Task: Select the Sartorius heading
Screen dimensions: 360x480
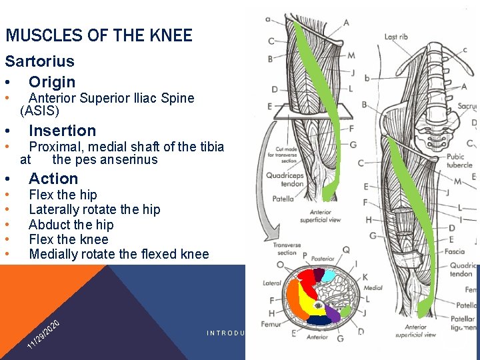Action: pos(39,61)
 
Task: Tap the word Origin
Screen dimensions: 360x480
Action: pos(52,82)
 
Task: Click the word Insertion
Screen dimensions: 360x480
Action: pos(62,131)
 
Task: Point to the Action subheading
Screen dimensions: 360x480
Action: pos(53,179)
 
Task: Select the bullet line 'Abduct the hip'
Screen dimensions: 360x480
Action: pos(71,225)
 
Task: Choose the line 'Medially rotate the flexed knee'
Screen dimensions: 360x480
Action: pos(119,254)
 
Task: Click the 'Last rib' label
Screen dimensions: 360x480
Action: pos(396,37)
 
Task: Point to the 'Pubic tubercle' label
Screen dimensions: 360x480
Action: pos(460,161)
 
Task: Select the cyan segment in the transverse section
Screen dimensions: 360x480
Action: pos(328,275)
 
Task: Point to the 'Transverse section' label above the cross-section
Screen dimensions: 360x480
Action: pos(286,249)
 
